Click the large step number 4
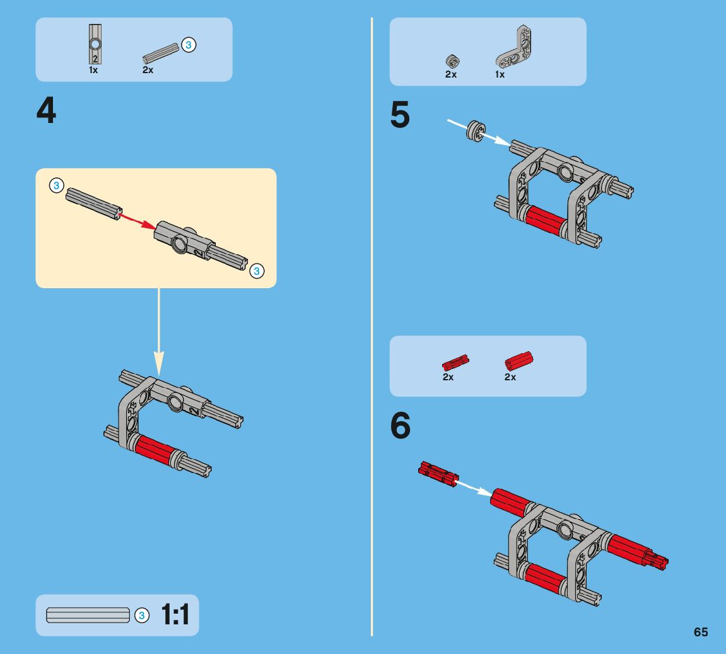[46, 112]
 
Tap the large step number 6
[401, 426]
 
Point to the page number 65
[701, 633]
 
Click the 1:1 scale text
[175, 615]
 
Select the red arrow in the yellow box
[138, 218]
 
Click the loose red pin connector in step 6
[438, 474]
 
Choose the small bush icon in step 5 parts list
[451, 61]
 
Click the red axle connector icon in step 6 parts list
[519, 361]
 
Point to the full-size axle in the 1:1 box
[88, 615]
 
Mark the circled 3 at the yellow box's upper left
[56, 185]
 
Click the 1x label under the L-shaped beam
[500, 74]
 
